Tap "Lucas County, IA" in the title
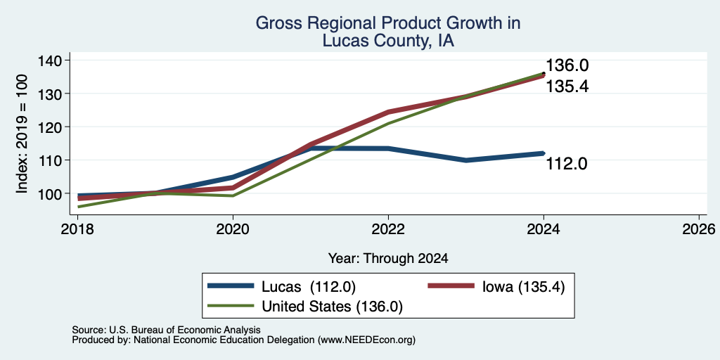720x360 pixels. click(x=388, y=41)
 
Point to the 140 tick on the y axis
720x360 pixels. click(x=51, y=60)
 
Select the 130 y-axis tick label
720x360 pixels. click(x=51, y=94)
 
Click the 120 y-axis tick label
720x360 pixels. click(x=51, y=127)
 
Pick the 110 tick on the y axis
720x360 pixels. click(x=51, y=160)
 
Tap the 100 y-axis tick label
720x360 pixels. click(x=51, y=193)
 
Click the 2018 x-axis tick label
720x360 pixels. click(x=77, y=229)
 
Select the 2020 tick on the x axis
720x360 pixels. click(x=233, y=229)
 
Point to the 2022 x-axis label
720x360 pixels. click(x=388, y=229)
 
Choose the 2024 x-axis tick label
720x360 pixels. click(x=544, y=229)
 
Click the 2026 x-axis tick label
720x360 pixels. click(x=699, y=229)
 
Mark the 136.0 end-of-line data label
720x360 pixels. click(x=567, y=65)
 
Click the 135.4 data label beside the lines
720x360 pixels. click(x=567, y=86)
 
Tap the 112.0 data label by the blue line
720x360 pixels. click(x=567, y=163)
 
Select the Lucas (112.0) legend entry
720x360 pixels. click(x=281, y=287)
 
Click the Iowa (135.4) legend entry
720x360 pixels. click(x=496, y=287)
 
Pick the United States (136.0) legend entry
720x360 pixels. click(x=305, y=307)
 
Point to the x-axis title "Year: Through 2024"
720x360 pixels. click(x=388, y=259)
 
